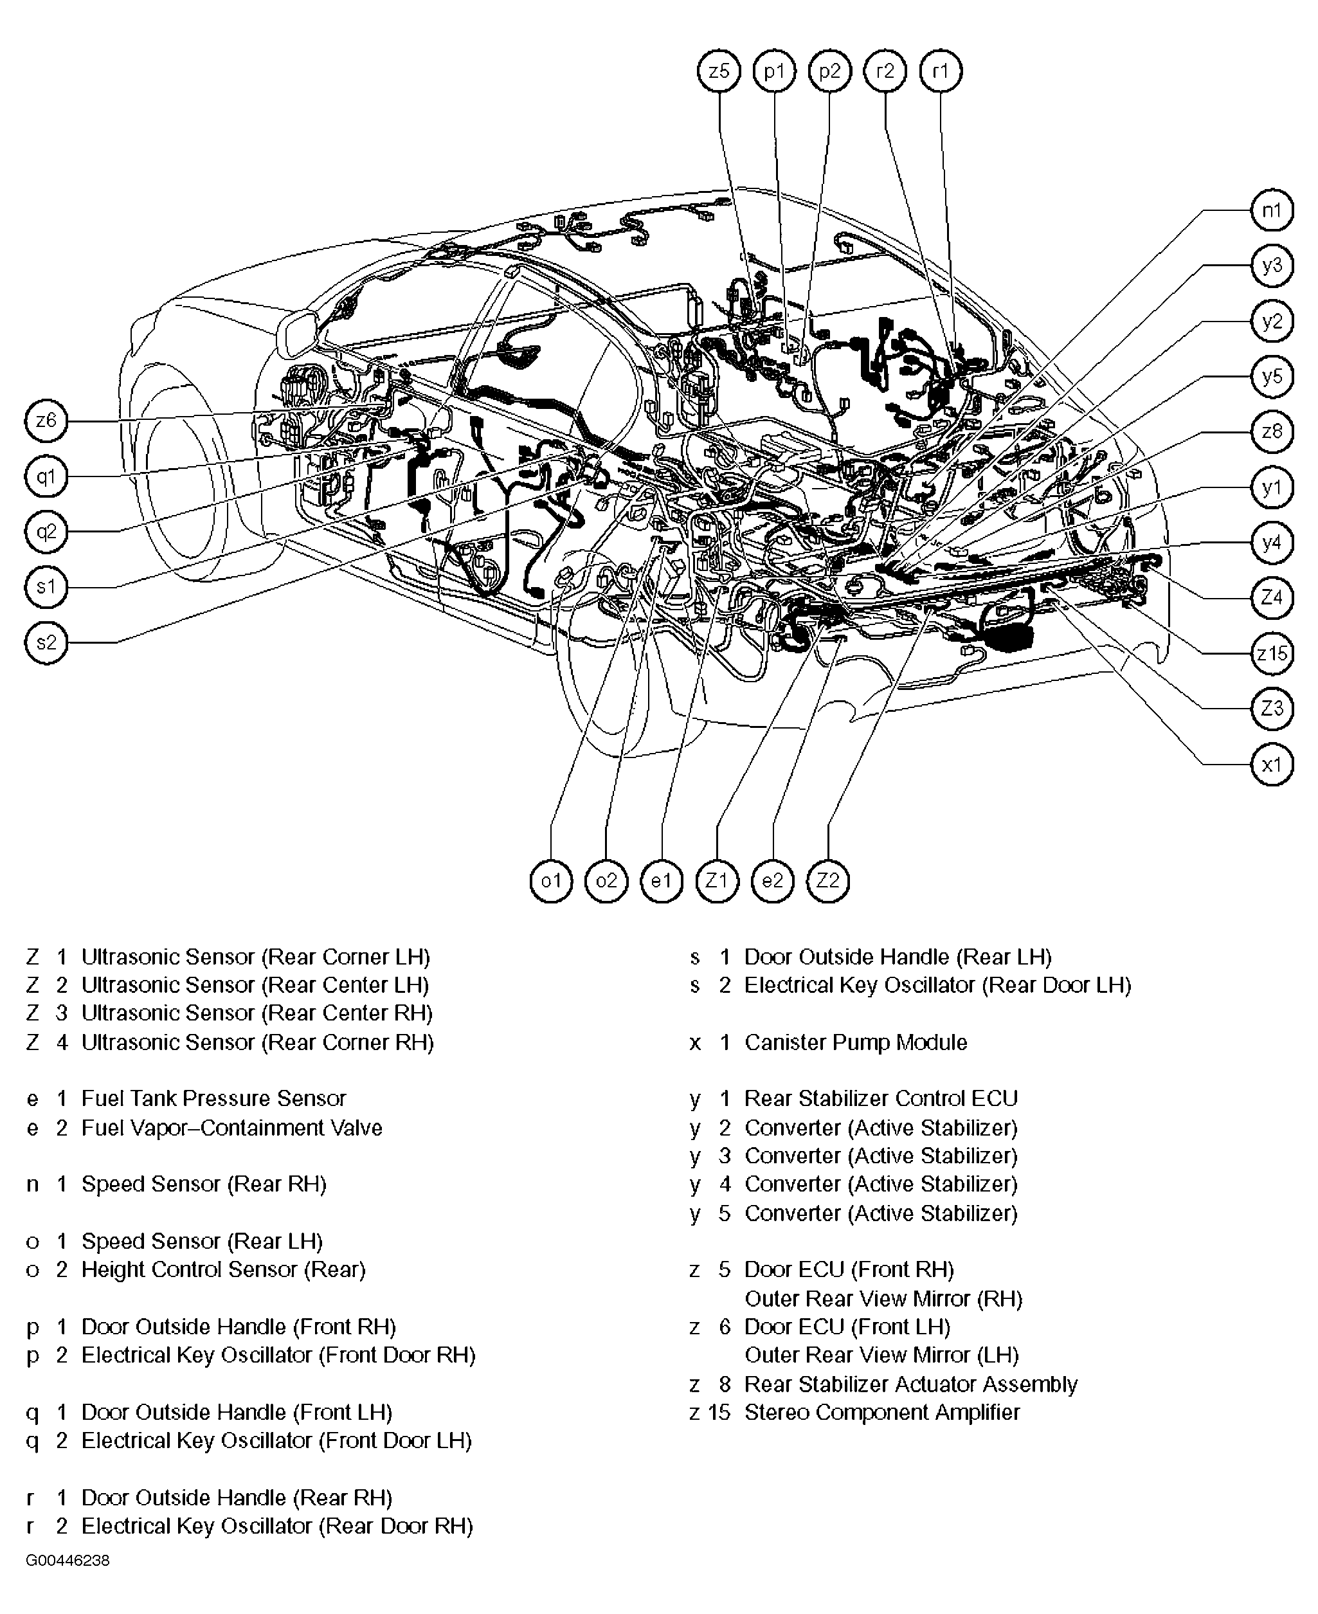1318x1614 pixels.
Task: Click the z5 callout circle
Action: [718, 71]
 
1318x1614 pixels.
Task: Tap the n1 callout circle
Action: [1271, 210]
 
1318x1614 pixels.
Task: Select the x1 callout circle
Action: [1271, 764]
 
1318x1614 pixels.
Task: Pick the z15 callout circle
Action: [1271, 652]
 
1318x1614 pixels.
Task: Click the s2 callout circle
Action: [46, 642]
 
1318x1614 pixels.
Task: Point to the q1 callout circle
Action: [46, 476]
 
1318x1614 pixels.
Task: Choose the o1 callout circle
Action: [550, 881]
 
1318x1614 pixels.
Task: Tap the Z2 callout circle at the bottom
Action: [827, 881]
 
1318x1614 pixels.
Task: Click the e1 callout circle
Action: [662, 881]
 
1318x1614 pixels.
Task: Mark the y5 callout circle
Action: [1271, 376]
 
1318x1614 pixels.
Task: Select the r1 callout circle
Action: [940, 71]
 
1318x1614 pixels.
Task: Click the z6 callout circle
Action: [46, 420]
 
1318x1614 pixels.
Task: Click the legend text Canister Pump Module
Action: [855, 1042]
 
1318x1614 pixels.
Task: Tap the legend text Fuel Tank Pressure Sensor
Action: [213, 1098]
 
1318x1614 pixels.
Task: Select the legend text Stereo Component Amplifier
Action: [881, 1412]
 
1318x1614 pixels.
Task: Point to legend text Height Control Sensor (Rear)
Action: [223, 1269]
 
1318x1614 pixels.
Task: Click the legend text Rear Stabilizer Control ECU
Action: [880, 1098]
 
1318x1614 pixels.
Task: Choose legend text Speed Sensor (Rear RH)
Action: [203, 1184]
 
